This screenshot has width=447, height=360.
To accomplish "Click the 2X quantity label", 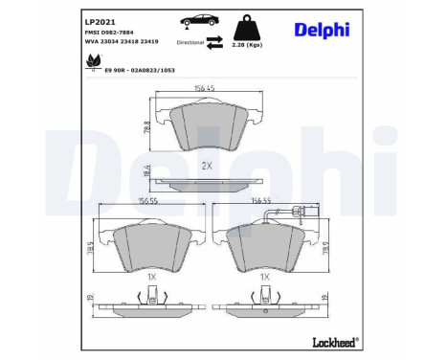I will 207,166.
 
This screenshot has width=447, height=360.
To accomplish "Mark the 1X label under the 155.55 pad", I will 151,276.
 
